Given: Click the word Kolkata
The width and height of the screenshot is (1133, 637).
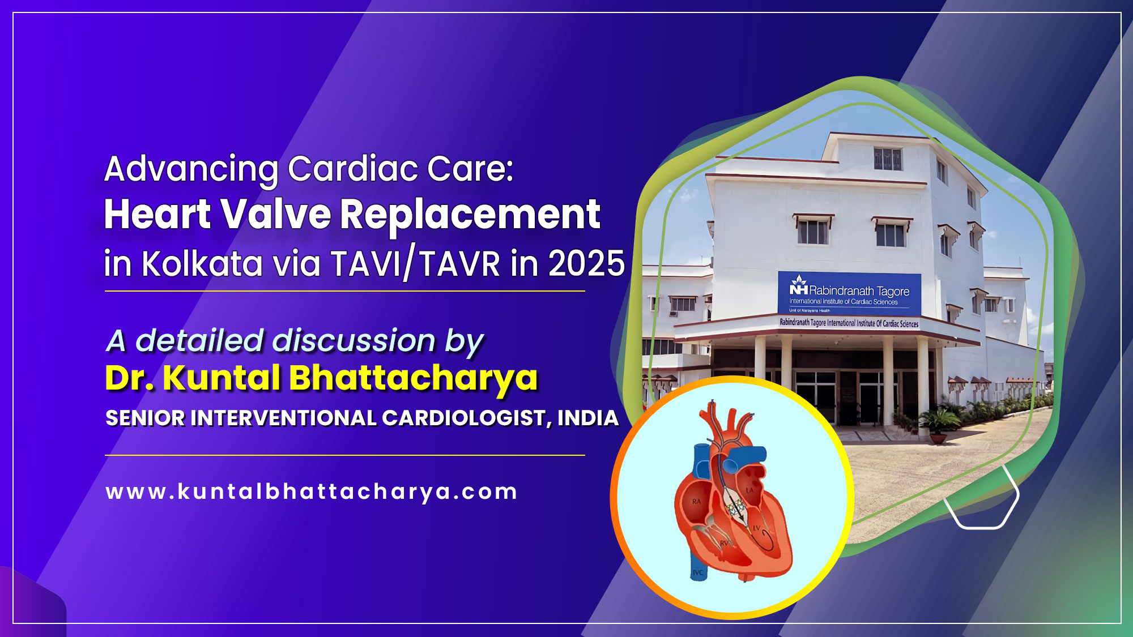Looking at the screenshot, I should point(202,264).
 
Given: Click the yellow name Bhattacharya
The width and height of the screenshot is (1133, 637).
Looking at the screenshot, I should point(413,378).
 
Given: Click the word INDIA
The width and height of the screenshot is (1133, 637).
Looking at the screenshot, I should point(587,418).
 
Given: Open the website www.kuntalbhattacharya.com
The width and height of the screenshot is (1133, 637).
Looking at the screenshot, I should point(312,491).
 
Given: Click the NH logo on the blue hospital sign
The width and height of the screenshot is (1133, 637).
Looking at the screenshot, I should point(798,287).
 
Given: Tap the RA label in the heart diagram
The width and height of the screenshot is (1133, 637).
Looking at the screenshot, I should point(696,502).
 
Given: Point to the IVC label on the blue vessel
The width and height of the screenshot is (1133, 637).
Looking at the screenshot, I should point(698,572).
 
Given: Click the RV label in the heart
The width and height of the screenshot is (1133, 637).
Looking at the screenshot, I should point(723,544).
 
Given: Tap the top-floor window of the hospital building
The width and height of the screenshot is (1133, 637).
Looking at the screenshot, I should point(888,159).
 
